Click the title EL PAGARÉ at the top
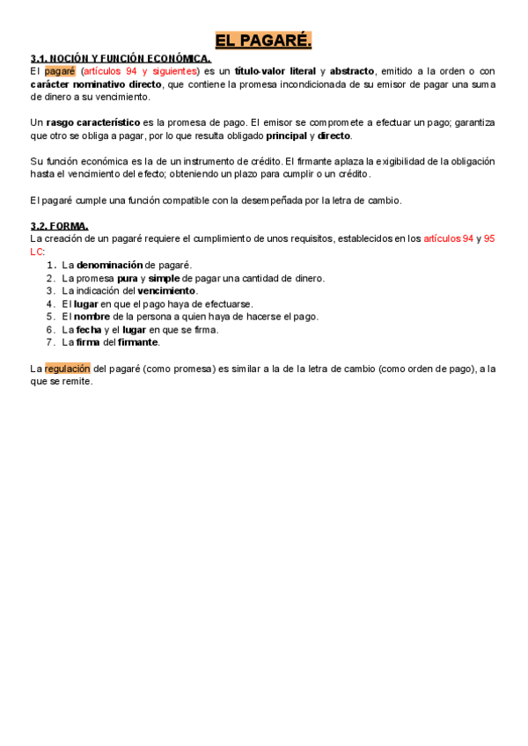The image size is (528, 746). point(264,40)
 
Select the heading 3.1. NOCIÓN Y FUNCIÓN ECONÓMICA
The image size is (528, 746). point(121,59)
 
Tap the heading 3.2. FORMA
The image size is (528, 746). point(59,226)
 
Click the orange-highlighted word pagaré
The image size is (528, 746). point(60,71)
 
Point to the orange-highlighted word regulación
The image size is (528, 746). point(68,369)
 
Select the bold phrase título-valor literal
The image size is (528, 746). point(275,71)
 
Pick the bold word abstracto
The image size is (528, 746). point(352,71)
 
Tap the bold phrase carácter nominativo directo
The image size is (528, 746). point(96,84)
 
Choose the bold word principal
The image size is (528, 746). point(286,136)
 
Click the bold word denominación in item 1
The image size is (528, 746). point(109,265)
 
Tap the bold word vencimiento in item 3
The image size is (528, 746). point(167,291)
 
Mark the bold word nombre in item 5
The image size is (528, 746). point(92,317)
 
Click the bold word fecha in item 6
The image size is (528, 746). point(89,330)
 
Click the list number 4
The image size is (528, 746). point(51,304)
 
